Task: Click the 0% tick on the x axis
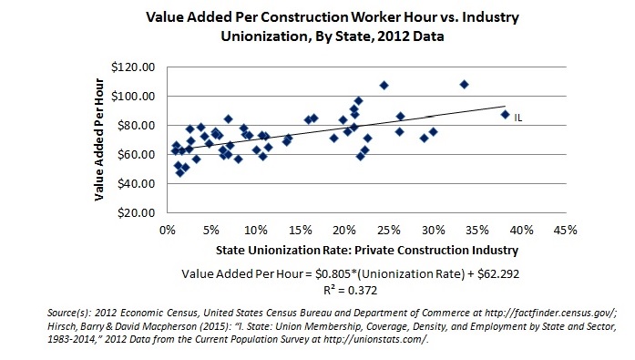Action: click(167, 230)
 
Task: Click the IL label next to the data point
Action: click(517, 118)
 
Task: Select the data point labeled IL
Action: click(505, 114)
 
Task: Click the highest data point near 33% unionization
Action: click(464, 84)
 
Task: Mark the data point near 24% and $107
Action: click(384, 85)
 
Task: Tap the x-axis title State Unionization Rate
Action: click(367, 250)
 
